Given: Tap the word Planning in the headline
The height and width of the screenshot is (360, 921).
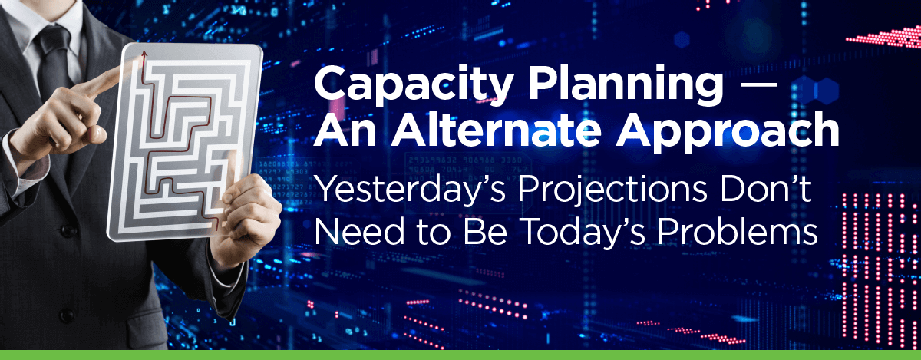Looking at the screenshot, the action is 626,85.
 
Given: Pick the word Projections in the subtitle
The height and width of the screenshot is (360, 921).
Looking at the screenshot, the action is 612,192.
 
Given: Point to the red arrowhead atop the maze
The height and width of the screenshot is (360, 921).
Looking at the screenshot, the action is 144,54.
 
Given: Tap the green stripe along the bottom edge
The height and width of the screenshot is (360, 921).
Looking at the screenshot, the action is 460,355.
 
